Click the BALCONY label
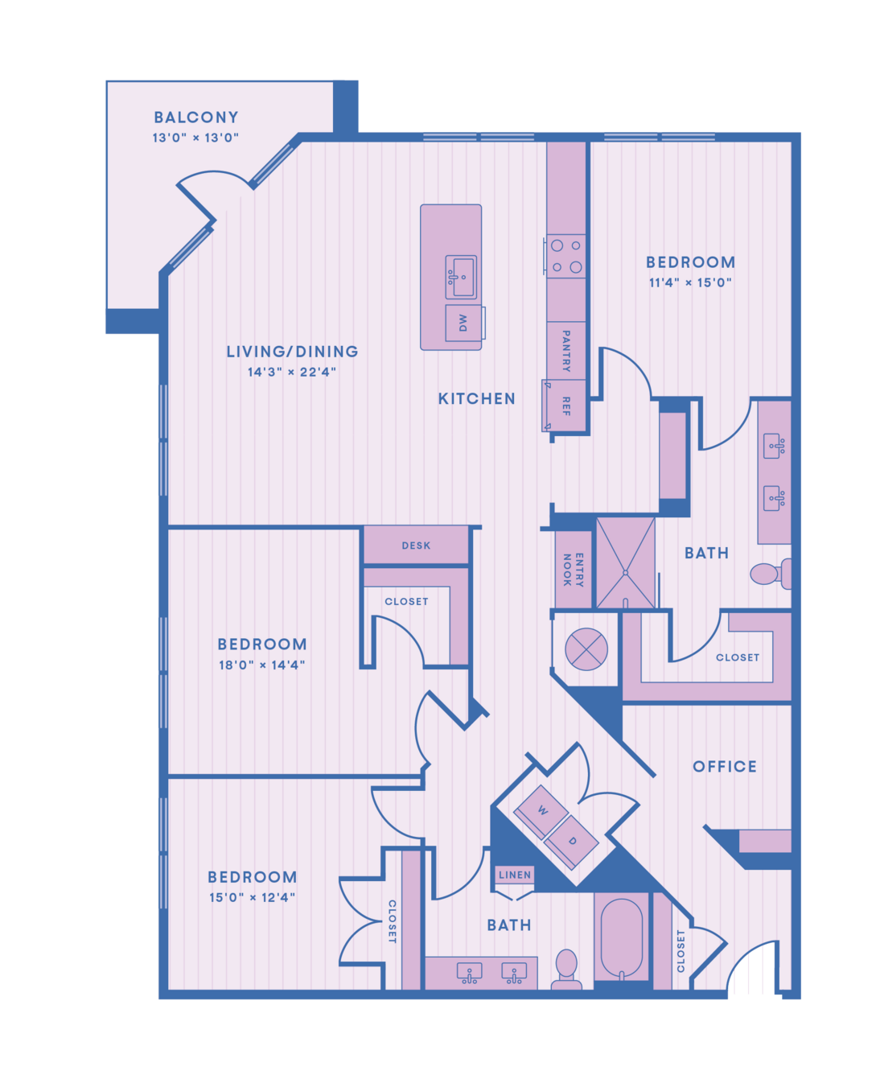pyautogui.click(x=196, y=117)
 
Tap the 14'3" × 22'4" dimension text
pyautogui.click(x=292, y=372)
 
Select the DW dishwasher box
pyautogui.click(x=463, y=323)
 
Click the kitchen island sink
pyautogui.click(x=461, y=277)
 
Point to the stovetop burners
pyautogui.click(x=566, y=256)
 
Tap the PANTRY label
pyautogui.click(x=566, y=351)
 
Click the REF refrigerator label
pyautogui.click(x=566, y=406)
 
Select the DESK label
pyautogui.click(x=416, y=546)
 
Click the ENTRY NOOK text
pyautogui.click(x=574, y=570)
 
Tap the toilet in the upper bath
pyautogui.click(x=771, y=574)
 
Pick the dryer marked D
pyautogui.click(x=571, y=842)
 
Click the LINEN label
pyautogui.click(x=515, y=875)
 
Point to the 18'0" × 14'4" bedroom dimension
pyautogui.click(x=262, y=665)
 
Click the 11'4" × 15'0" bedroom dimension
pyautogui.click(x=690, y=282)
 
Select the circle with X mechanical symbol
pyautogui.click(x=586, y=649)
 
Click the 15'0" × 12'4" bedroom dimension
pyautogui.click(x=253, y=898)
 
